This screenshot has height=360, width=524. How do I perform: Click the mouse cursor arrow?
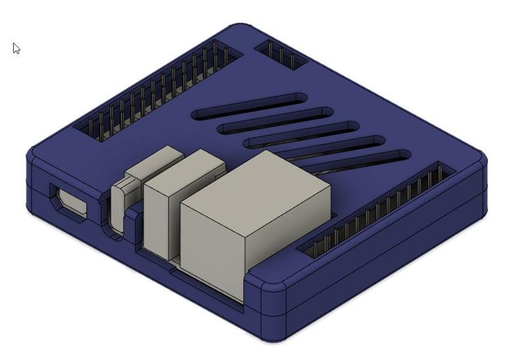pyautogui.click(x=16, y=48)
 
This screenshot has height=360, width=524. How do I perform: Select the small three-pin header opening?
pyautogui.click(x=281, y=55)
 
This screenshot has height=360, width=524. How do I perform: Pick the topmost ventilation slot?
pyautogui.click(x=250, y=107)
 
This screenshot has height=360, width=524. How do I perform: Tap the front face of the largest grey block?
pyautogui.click(x=213, y=252)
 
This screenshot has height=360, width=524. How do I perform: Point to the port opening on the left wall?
pyautogui.click(x=69, y=202)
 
